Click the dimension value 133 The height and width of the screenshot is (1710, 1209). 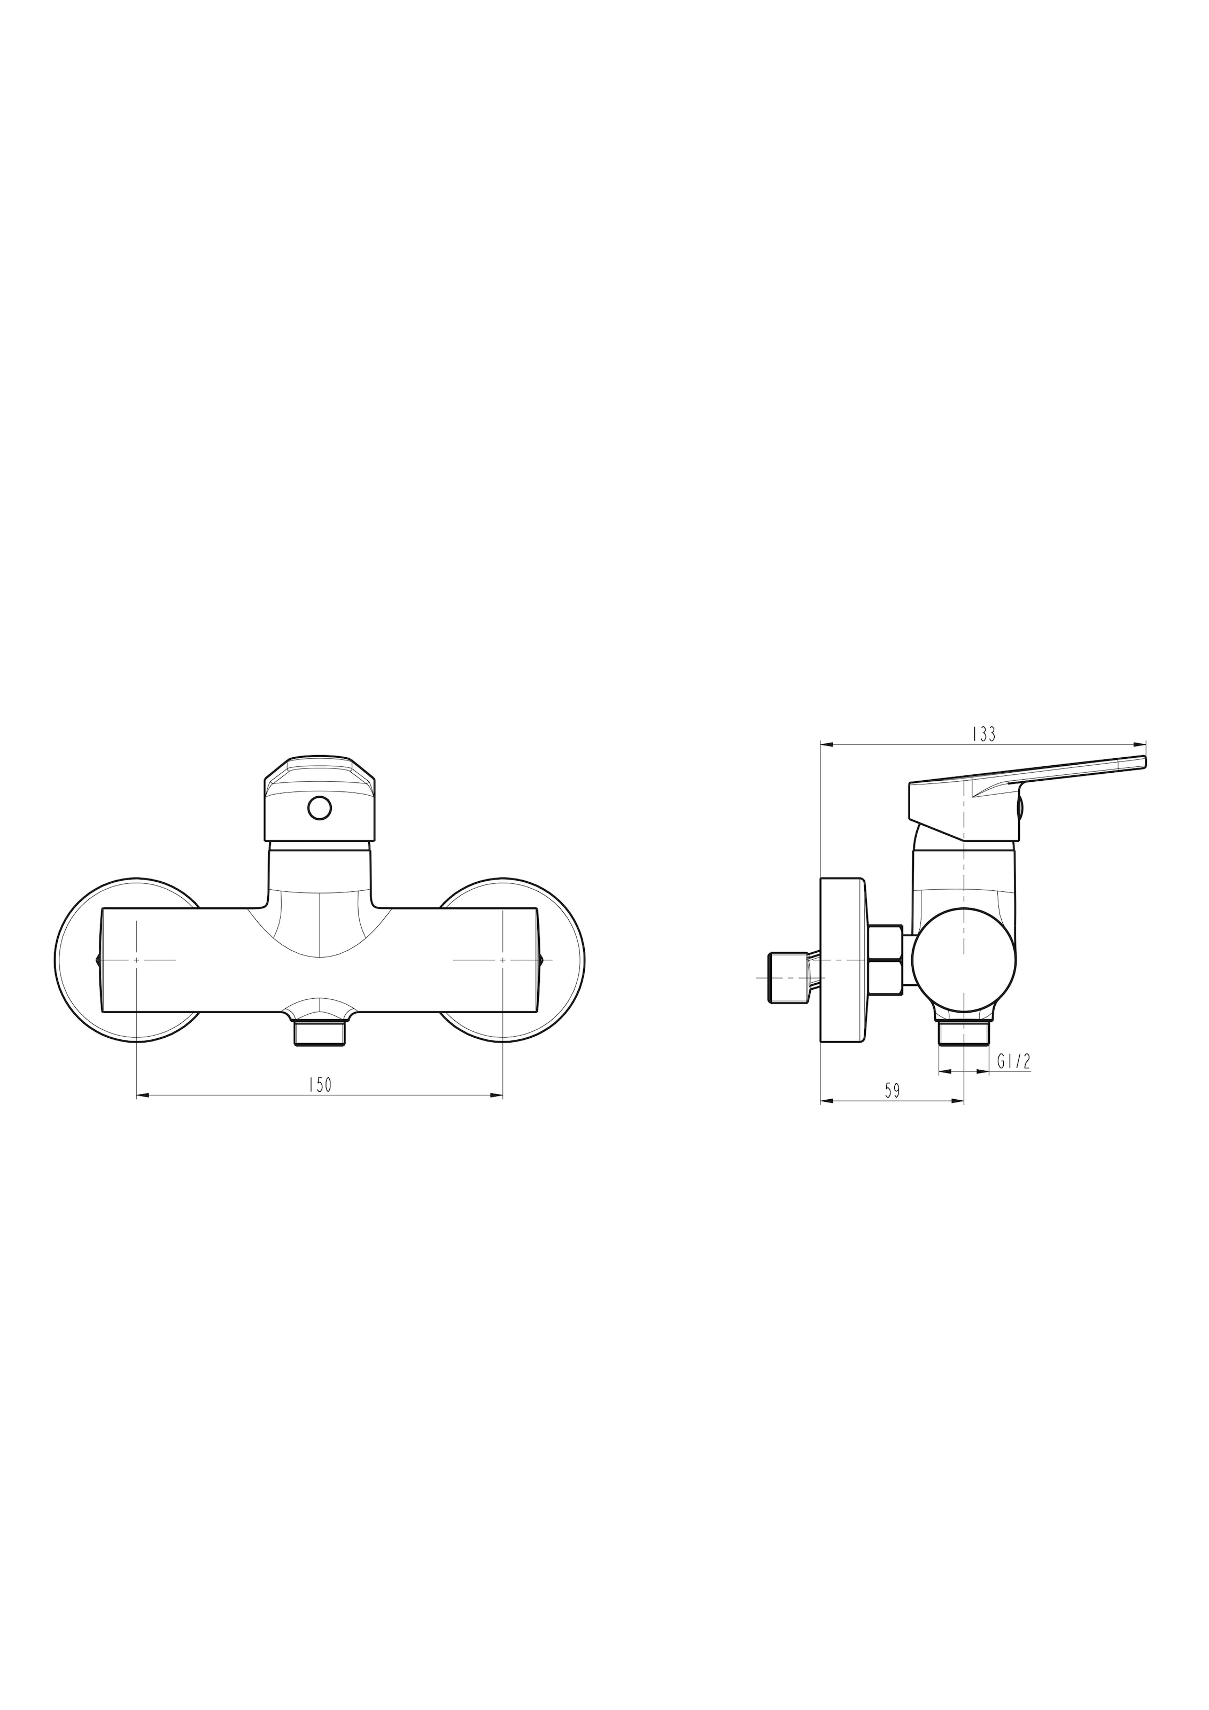(983, 734)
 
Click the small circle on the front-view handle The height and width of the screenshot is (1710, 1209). (320, 807)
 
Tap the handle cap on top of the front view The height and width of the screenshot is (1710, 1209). (320, 798)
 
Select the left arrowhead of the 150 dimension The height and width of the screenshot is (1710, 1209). (143, 1095)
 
